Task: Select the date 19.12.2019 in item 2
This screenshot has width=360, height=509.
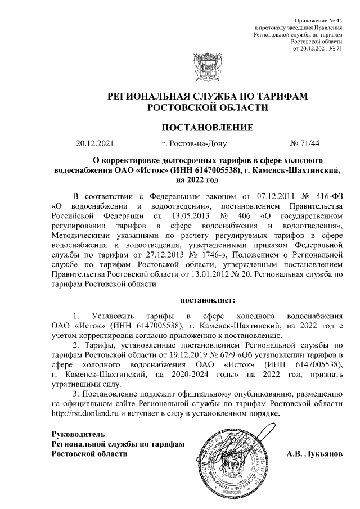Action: click(x=198, y=353)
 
